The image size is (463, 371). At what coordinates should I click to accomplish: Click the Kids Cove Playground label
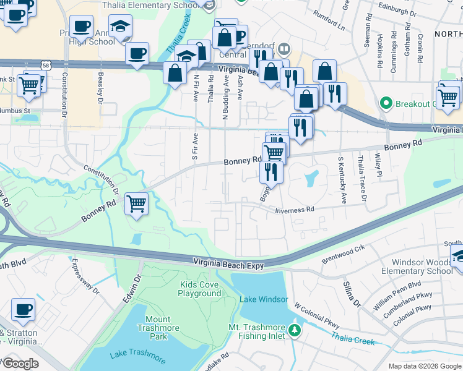[x=199, y=289]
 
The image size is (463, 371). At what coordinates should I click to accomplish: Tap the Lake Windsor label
[x=264, y=300]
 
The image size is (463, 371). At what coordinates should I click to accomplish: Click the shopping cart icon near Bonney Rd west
[x=136, y=203]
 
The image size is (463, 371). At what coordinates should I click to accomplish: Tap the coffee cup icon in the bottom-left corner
[x=24, y=309]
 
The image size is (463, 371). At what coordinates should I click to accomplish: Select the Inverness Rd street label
[x=295, y=210]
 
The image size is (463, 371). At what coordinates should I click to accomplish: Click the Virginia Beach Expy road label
[x=228, y=265]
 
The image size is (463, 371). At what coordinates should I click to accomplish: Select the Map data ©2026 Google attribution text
[x=425, y=366]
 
